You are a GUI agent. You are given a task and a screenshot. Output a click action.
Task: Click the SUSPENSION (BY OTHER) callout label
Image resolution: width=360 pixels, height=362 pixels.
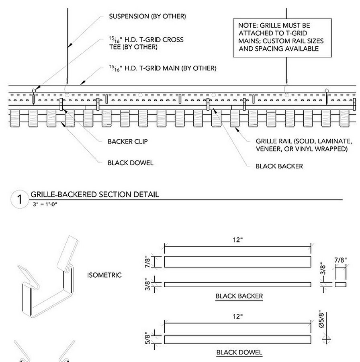tap(147, 16)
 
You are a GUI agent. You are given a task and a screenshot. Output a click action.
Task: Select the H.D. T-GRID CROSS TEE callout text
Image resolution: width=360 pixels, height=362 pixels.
tap(146, 43)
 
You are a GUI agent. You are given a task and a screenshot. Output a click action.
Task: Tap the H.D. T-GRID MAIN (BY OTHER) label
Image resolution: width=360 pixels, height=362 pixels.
tap(162, 68)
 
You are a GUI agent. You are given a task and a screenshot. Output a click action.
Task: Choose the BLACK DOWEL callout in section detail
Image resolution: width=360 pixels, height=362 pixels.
tap(130, 163)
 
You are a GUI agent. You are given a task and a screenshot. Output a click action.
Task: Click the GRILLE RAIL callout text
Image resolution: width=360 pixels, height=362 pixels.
tap(304, 145)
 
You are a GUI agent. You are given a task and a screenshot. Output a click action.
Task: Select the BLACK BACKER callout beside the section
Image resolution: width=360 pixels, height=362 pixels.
tap(279, 166)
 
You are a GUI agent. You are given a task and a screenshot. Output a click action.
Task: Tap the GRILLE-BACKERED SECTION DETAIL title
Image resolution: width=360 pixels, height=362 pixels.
tap(95, 195)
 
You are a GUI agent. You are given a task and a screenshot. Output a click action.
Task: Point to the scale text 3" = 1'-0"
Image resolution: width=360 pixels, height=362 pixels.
tap(45, 204)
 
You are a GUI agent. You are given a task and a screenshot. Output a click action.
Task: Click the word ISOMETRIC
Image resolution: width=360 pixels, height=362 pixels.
tap(104, 275)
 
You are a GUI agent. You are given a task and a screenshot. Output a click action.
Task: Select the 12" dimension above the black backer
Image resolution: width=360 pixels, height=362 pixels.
tap(237, 240)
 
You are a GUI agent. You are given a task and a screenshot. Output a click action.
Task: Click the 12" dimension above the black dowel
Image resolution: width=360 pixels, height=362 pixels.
tap(237, 317)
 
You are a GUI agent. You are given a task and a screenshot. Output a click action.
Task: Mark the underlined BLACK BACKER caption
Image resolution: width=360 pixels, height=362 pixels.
tap(239, 296)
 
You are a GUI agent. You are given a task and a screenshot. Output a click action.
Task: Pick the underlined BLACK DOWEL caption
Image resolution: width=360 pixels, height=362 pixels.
tap(239, 353)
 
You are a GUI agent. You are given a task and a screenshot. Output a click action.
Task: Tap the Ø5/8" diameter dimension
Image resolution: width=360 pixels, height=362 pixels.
tap(321, 320)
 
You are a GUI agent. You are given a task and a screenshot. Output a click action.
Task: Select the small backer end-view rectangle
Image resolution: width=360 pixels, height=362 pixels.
tap(340, 284)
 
